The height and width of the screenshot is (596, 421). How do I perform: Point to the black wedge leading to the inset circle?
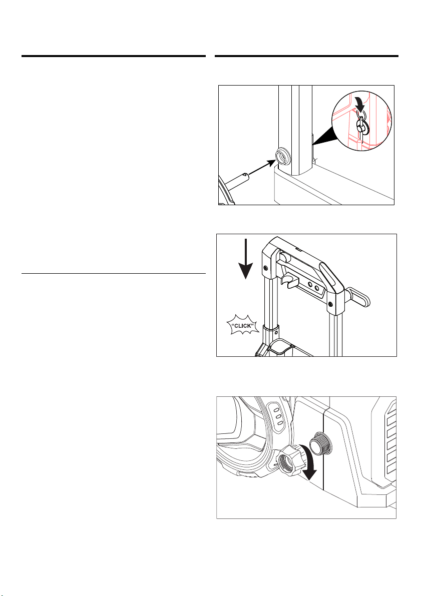pos(325,137)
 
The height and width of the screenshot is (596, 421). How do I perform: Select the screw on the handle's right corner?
pos(330,303)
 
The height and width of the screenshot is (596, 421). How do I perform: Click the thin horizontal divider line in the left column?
pos(113,273)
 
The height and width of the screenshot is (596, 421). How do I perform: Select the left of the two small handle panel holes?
pos(311,284)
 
